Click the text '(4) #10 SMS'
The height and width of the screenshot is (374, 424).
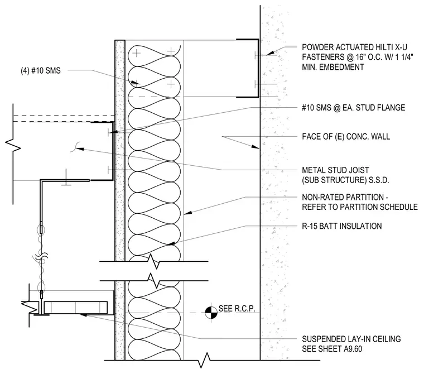coord(41,71)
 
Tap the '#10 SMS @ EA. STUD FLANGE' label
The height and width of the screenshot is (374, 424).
coord(353,108)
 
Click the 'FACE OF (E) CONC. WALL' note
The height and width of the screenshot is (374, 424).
coord(346,136)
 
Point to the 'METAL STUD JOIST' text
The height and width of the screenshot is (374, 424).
coord(335,170)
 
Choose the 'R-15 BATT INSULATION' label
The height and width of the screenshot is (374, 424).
coord(342,226)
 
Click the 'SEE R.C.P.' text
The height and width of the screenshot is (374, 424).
coord(237,309)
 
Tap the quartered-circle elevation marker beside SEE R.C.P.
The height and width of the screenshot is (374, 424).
coord(211,313)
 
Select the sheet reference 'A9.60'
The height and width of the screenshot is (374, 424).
coord(353,349)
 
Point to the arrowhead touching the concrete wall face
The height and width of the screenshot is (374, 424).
coord(256,147)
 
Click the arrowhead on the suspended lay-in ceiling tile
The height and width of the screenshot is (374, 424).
coord(83,315)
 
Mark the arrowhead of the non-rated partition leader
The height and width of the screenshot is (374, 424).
coord(188,213)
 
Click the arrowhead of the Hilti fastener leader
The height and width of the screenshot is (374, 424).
coord(271,53)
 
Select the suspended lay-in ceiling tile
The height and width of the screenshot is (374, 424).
coord(76,308)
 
